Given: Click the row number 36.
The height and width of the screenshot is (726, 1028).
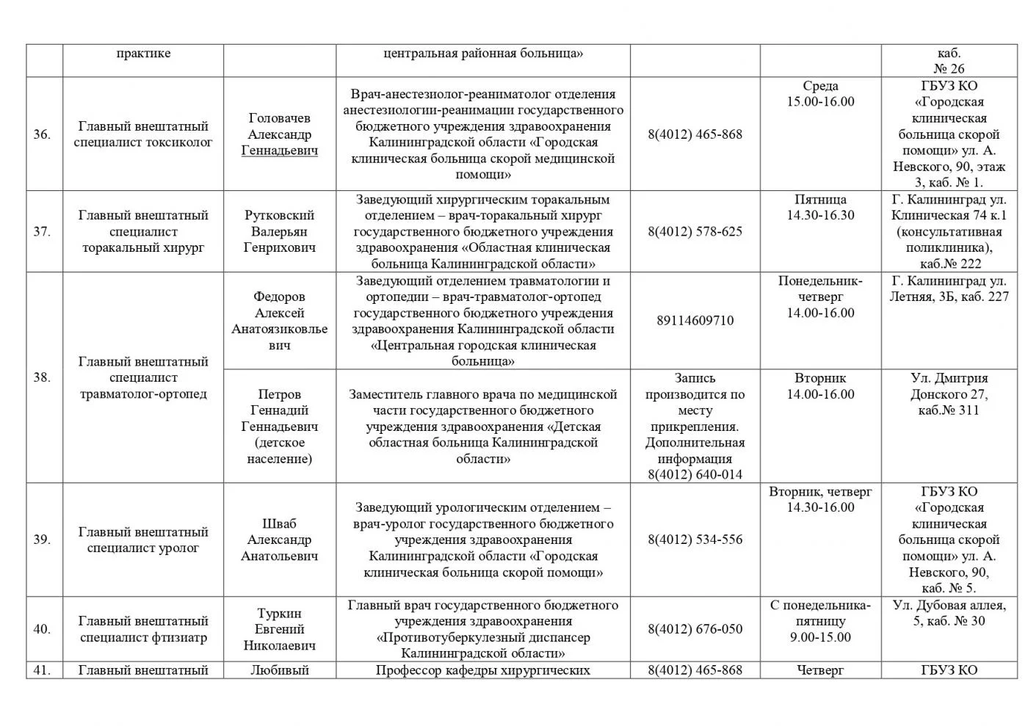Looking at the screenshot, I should (42, 134).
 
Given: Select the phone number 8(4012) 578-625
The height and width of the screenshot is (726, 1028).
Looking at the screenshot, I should (695, 231).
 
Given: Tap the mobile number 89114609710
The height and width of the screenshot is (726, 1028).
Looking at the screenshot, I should (695, 320).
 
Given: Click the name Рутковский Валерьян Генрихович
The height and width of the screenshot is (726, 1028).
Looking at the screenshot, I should (279, 231).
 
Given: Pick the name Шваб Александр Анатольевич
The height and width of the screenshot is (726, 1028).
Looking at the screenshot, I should (279, 540).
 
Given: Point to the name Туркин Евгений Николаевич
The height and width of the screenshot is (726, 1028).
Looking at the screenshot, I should (279, 629).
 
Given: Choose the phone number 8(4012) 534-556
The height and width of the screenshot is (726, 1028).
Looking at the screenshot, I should (695, 540).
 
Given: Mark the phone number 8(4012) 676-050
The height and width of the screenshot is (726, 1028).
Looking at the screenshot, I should (695, 629).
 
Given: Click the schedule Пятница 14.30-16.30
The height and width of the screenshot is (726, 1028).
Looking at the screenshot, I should (820, 207).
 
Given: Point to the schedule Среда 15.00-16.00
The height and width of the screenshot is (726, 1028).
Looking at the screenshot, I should (820, 94).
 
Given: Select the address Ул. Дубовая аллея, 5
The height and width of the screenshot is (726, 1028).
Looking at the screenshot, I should (948, 613).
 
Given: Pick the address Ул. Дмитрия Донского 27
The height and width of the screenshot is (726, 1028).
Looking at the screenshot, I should (948, 394).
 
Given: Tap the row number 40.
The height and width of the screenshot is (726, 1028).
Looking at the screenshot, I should (42, 629).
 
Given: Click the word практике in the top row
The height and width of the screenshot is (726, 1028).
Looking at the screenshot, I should (143, 53).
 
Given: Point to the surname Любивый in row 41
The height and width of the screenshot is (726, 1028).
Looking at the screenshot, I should (279, 669).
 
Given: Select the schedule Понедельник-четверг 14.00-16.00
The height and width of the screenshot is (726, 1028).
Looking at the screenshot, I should (820, 297).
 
